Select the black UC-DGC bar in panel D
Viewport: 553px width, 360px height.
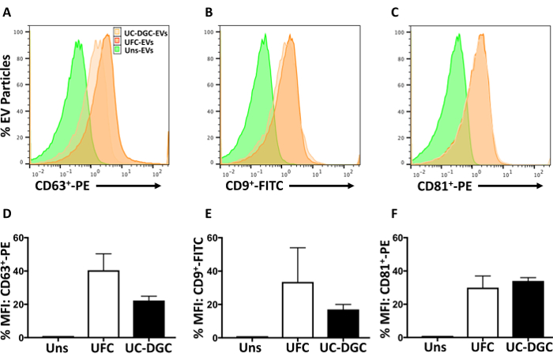point(142,319)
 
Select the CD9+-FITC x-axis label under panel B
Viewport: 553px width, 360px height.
point(249,187)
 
